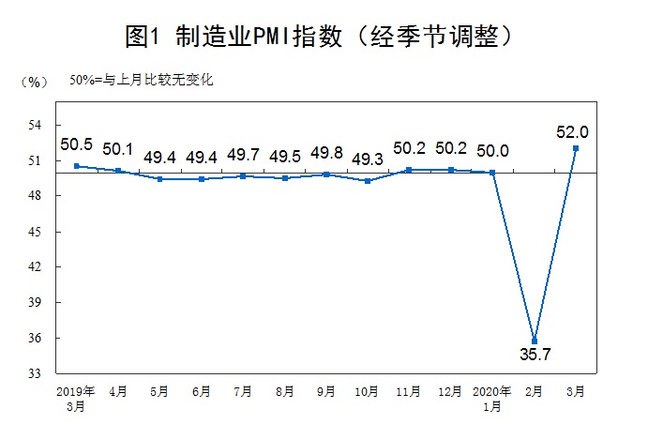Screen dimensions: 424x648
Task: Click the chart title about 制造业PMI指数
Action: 323,37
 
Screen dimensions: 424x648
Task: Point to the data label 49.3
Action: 367,159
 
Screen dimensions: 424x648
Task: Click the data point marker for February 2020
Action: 535,341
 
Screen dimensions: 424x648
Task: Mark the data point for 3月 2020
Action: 576,147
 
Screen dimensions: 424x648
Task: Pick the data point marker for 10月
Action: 368,180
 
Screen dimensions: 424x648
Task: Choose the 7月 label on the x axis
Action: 242,390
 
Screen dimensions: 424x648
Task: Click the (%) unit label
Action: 33,82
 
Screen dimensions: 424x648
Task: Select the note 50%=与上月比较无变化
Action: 141,80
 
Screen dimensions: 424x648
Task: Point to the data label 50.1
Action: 118,148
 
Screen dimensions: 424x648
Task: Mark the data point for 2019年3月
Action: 76,166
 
